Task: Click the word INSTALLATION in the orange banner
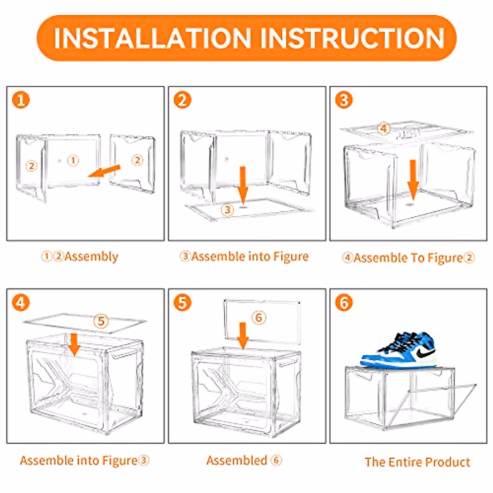pos(152,38)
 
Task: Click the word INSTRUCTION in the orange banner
pos(352,38)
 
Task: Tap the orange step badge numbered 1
pos(21,100)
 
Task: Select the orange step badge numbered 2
pos(182,100)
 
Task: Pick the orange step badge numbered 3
pos(344,100)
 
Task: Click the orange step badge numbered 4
pos(21,303)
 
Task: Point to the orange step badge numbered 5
pos(182,303)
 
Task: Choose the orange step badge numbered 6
pos(344,303)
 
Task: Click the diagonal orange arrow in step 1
pos(105,171)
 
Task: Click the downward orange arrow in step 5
pos(243,335)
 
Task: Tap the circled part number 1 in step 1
pos(73,160)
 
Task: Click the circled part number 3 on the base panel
pos(227,210)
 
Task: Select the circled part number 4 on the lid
pos(383,129)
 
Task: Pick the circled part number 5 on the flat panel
pos(101,320)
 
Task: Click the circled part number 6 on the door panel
pos(258,317)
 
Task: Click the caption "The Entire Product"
pos(417,462)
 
